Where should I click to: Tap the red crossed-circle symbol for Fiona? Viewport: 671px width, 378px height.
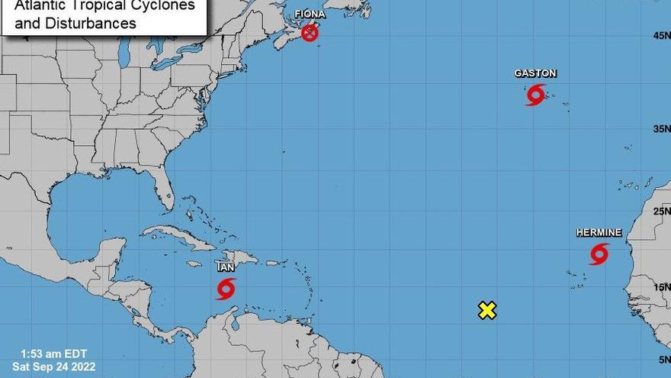click(310, 33)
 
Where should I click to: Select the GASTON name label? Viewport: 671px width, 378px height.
click(535, 73)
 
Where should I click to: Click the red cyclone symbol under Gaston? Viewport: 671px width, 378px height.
click(535, 95)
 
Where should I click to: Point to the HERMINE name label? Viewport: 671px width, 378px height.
click(599, 232)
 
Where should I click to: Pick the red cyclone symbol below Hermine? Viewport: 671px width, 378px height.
click(599, 254)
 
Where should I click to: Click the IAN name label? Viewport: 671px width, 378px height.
click(225, 267)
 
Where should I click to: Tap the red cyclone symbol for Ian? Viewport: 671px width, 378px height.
click(225, 289)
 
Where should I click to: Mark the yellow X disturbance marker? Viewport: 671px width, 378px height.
click(487, 310)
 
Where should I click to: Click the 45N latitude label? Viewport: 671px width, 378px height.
click(660, 35)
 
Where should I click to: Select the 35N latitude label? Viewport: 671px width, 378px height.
click(660, 128)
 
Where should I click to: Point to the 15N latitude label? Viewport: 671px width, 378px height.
click(660, 287)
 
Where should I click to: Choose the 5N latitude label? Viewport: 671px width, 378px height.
click(663, 359)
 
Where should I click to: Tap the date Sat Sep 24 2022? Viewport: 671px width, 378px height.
click(53, 366)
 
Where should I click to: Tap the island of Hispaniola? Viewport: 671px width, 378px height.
click(240, 258)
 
